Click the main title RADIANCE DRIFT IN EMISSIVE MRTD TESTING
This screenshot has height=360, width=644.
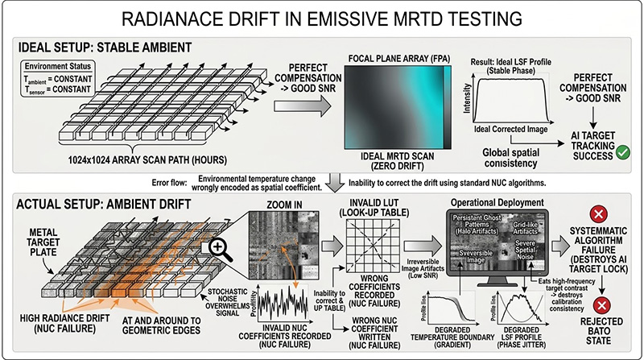pyautogui.click(x=322, y=18)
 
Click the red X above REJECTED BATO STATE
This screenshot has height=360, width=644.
pyautogui.click(x=598, y=305)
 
